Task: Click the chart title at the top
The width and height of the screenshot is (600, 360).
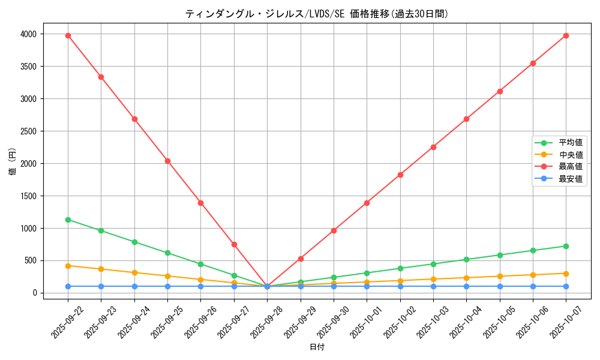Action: [316, 14]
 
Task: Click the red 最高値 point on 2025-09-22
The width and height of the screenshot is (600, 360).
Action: [68, 35]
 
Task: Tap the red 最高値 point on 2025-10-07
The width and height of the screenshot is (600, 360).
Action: [566, 35]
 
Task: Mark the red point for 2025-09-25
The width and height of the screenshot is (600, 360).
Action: [167, 161]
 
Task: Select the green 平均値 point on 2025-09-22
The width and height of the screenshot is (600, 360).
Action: [68, 220]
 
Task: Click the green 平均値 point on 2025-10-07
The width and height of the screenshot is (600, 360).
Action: [566, 246]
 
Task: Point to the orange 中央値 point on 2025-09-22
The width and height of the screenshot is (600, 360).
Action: [68, 265]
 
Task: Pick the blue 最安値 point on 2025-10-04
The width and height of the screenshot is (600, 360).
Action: [466, 286]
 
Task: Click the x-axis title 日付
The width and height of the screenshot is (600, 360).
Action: [317, 347]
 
